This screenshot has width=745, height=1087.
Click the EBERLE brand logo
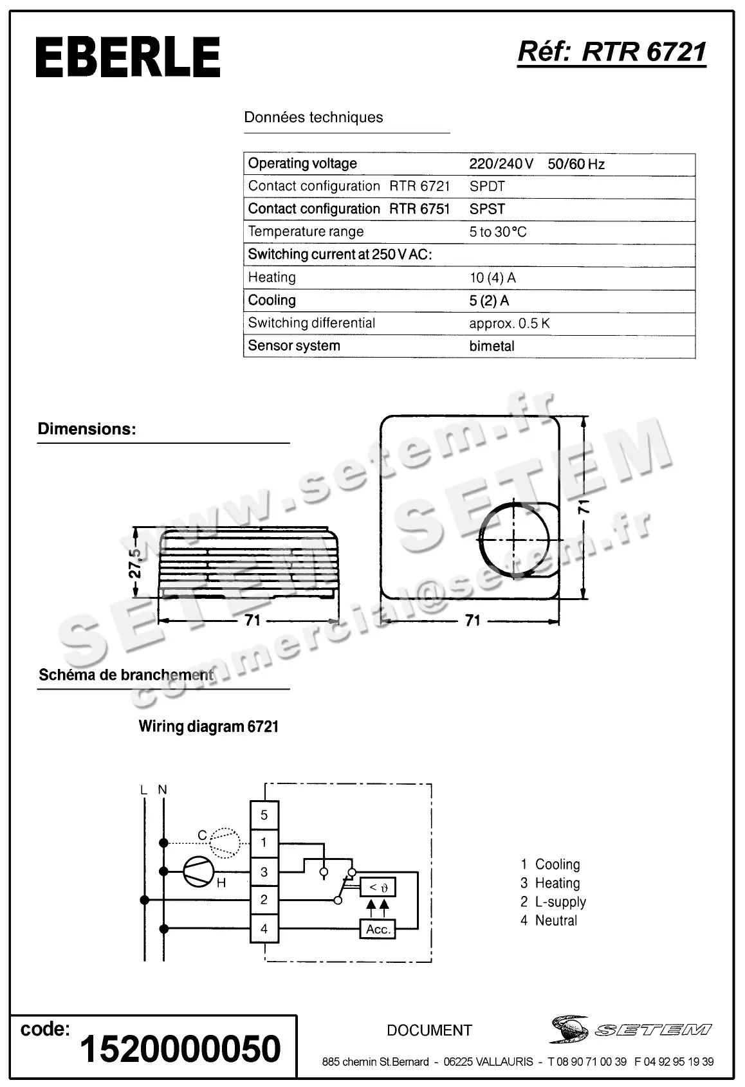point(127,57)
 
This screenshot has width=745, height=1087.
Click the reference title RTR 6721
point(612,51)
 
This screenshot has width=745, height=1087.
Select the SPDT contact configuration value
point(487,187)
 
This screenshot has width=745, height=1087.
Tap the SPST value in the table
point(487,209)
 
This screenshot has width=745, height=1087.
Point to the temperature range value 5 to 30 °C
point(497,232)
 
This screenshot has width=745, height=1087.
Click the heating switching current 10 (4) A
point(492,278)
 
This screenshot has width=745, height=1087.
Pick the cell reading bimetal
point(492,346)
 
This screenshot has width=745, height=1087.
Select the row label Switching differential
point(311,323)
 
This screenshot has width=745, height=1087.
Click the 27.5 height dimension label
point(134,563)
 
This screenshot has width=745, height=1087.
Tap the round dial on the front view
point(514,538)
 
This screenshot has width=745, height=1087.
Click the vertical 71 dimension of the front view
point(584,507)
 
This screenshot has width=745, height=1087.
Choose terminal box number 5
point(264,815)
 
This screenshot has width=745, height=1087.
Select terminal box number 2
point(264,900)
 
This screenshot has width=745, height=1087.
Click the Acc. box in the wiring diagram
point(378,929)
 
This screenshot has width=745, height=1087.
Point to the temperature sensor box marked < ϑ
point(378,888)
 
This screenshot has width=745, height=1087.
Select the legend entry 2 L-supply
point(553,902)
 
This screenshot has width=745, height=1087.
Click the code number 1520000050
point(180,1048)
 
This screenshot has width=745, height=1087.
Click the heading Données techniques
point(313,118)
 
